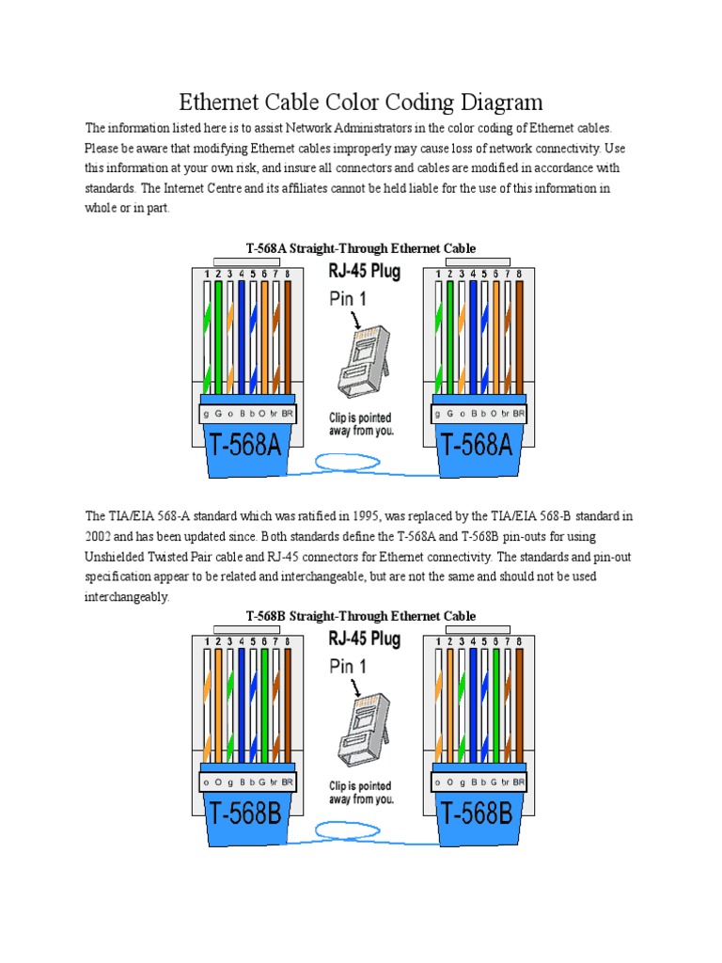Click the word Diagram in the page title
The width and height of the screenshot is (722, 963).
click(494, 102)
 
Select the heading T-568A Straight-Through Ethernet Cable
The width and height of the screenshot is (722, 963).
click(361, 248)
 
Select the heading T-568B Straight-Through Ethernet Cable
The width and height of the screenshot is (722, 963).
click(361, 616)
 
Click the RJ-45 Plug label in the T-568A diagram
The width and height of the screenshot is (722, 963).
click(365, 273)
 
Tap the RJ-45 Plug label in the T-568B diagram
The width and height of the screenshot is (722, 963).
click(365, 639)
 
